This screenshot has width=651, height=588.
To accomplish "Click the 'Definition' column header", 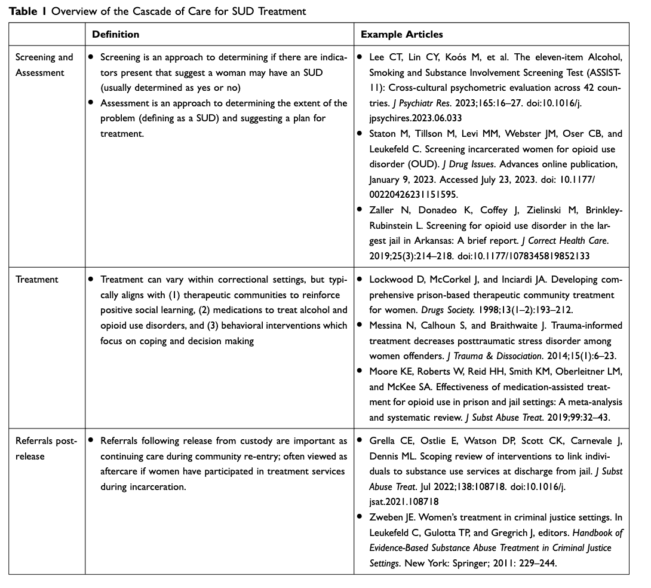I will click(x=115, y=35).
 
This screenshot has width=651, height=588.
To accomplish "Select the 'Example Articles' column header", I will click(x=401, y=35).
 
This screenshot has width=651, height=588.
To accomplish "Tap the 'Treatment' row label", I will click(x=37, y=279).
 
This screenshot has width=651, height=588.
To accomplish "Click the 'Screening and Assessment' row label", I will click(x=44, y=65).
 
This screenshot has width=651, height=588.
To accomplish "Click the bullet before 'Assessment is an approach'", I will click(x=91, y=103).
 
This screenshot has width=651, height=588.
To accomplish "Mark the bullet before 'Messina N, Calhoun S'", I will click(x=359, y=326).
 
